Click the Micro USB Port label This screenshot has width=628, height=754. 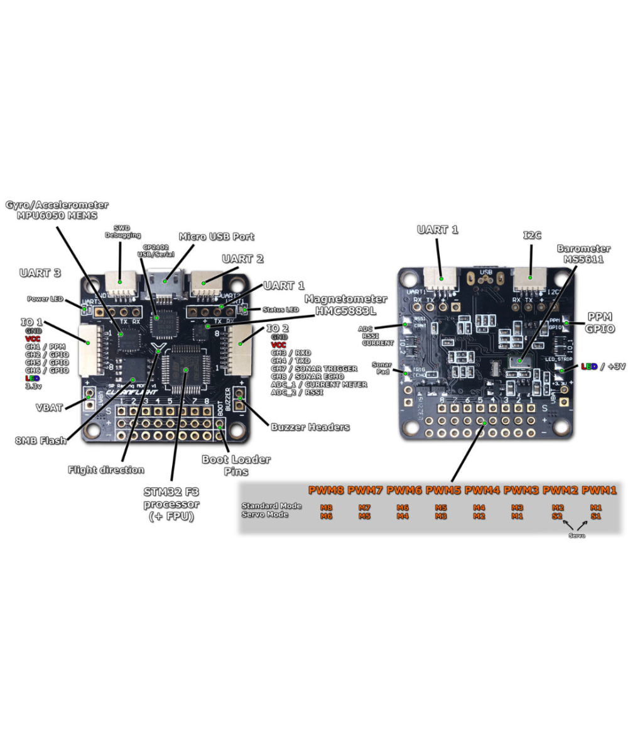click(x=217, y=236)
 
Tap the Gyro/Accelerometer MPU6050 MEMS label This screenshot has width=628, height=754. click(x=57, y=210)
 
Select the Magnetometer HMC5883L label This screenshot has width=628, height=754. click(x=346, y=305)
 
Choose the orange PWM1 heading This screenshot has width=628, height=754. click(x=599, y=489)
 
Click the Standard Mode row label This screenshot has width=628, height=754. click(x=271, y=506)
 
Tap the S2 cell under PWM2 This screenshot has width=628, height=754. click(x=557, y=515)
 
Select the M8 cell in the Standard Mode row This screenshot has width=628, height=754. click(x=326, y=507)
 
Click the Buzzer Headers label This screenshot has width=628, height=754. click(x=310, y=427)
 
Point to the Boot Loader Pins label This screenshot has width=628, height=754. click(x=235, y=465)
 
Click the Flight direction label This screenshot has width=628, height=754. click(x=106, y=469)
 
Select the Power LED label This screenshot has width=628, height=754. click(x=45, y=298)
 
